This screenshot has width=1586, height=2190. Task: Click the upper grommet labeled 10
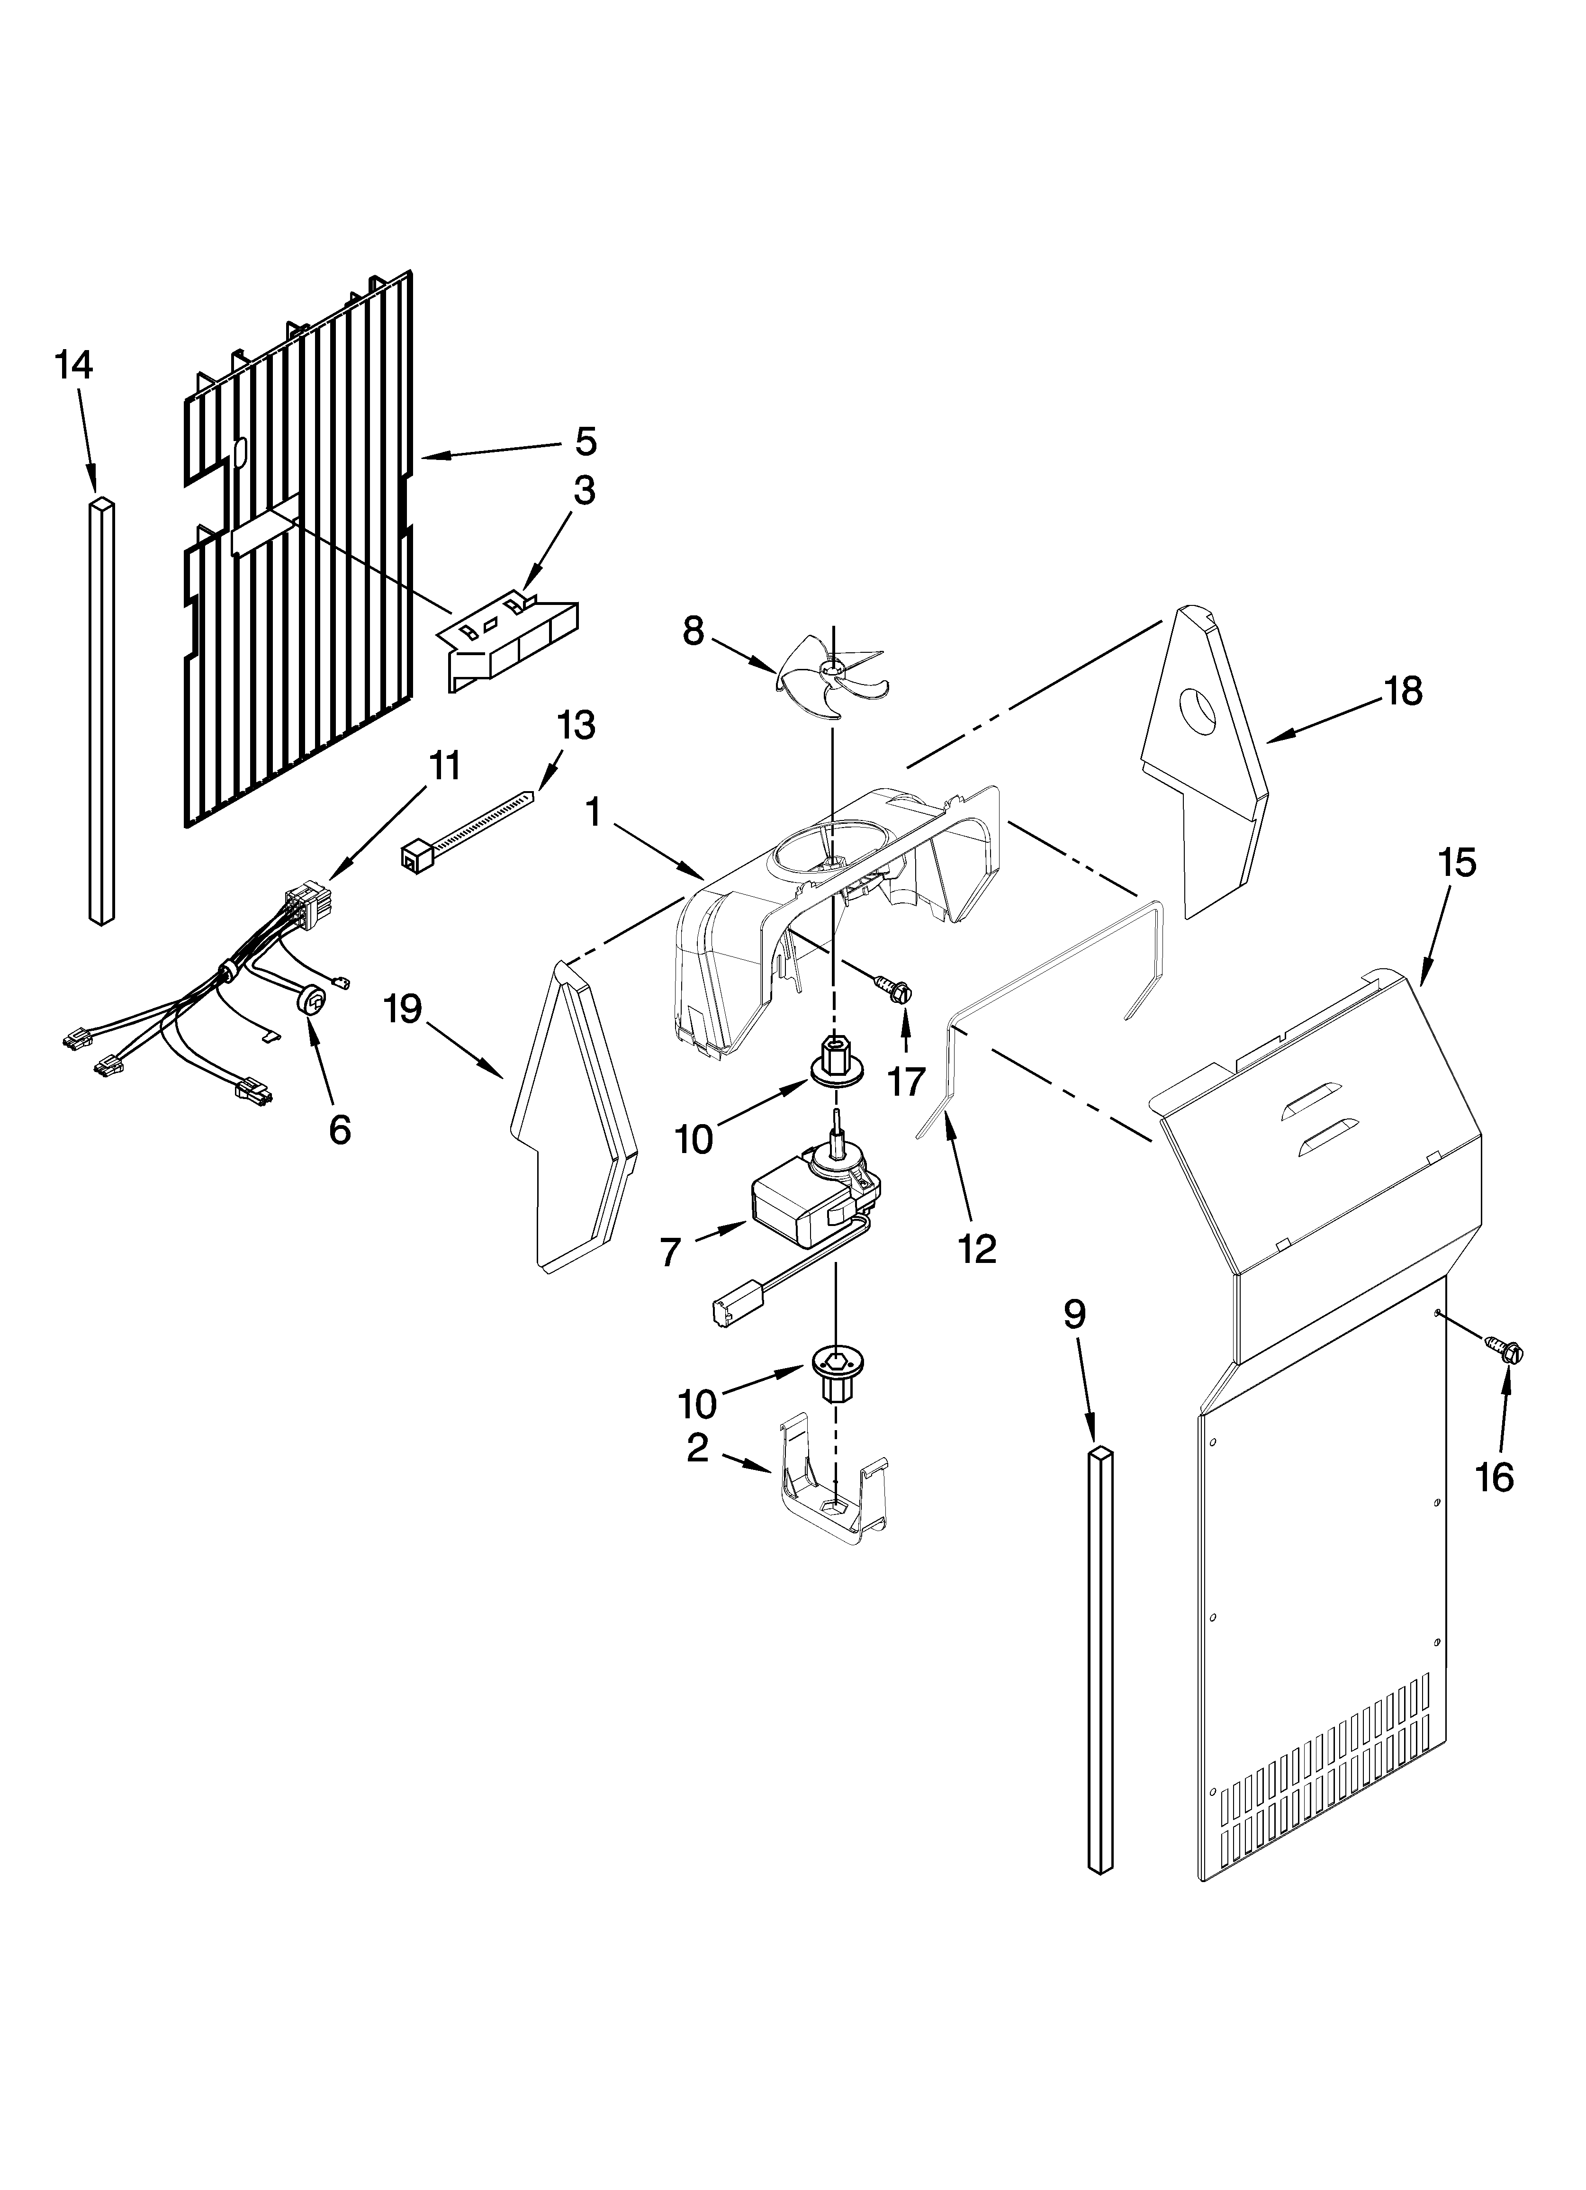click(837, 1058)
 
